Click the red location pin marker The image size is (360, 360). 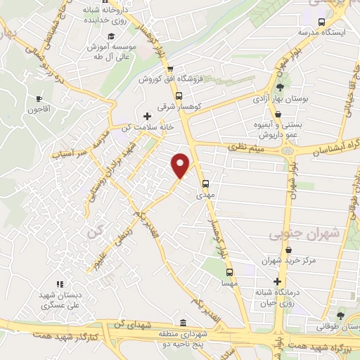[x=181, y=165]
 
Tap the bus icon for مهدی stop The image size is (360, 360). [x=205, y=186]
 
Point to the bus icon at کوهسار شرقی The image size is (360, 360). [x=179, y=95]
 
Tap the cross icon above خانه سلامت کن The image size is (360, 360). [x=146, y=115]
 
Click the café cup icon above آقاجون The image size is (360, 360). [x=39, y=98]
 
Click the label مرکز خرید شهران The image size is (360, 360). [x=313, y=260]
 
